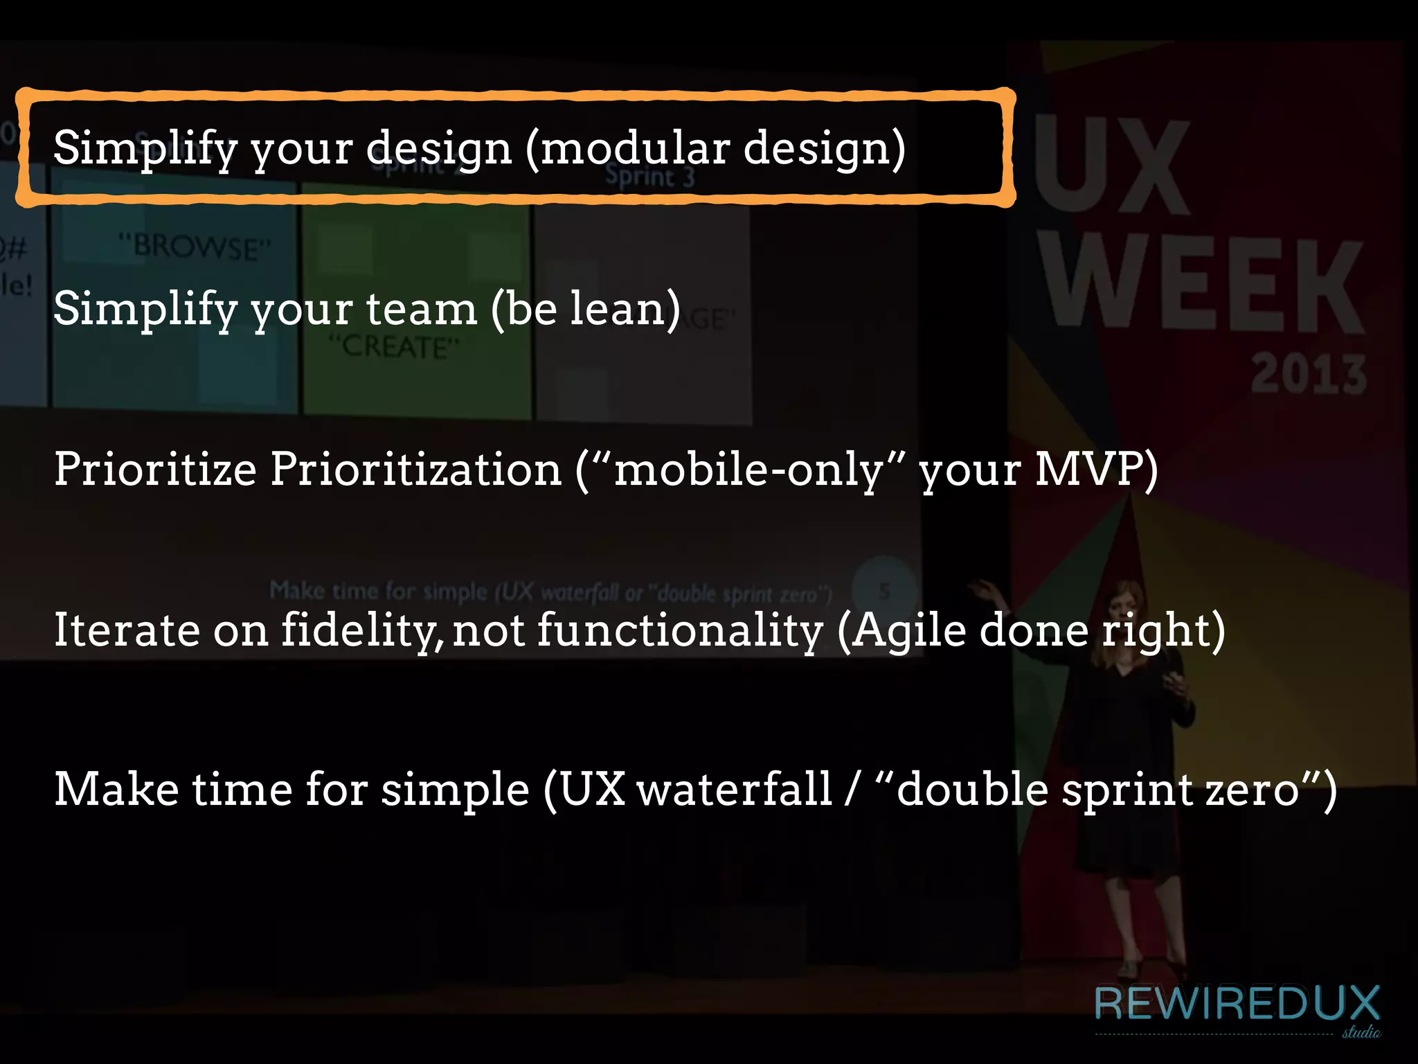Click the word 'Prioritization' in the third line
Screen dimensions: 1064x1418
coord(415,469)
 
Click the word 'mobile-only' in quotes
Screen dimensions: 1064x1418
coord(748,469)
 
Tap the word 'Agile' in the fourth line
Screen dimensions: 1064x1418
coord(908,630)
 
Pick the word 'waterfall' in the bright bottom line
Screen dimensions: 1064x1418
coord(734,790)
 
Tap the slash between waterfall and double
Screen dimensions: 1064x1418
coord(852,790)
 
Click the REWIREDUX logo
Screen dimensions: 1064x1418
coord(1237,1004)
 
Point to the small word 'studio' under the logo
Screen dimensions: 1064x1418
coord(1361,1032)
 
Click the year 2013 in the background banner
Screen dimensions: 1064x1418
coord(1308,374)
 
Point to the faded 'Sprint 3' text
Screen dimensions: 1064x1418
coord(649,177)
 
